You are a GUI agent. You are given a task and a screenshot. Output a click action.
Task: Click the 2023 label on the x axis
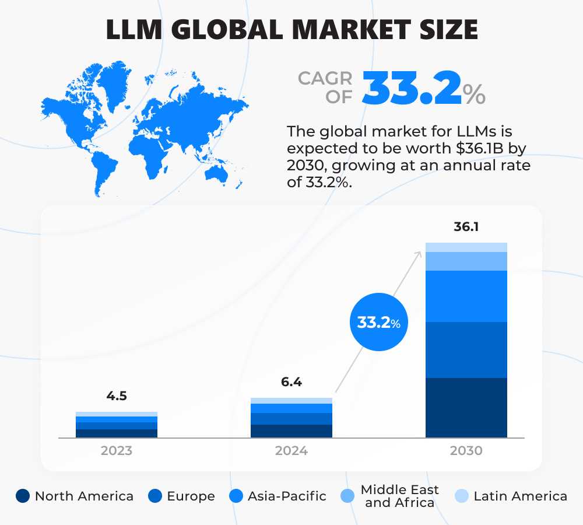116,451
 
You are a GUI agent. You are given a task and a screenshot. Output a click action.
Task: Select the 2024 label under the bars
291,451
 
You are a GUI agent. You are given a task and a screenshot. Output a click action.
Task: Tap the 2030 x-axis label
466,451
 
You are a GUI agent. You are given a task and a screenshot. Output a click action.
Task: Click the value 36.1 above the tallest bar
466,226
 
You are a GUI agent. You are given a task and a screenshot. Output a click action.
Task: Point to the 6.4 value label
291,383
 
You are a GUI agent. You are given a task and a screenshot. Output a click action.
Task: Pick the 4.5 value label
116,396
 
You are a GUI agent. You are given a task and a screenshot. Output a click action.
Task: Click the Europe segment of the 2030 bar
466,349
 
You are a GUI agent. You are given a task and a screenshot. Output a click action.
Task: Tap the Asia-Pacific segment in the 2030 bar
466,296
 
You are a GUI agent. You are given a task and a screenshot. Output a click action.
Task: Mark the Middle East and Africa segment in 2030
466,261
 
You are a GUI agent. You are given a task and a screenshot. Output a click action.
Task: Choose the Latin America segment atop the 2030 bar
466,247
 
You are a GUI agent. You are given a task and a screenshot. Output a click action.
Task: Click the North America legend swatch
23,496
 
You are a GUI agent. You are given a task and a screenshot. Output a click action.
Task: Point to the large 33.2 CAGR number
412,89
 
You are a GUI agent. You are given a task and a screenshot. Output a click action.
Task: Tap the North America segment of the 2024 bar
291,430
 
